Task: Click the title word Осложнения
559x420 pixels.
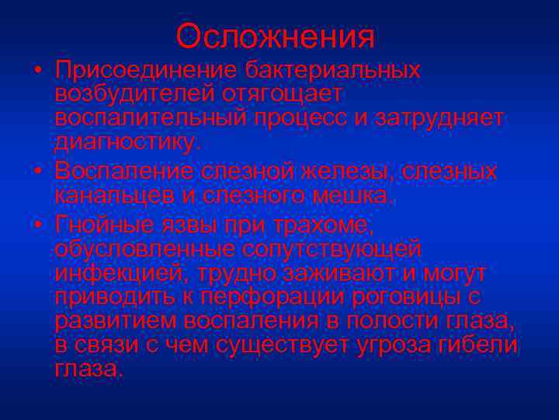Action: coord(276,36)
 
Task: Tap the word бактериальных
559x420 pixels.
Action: coord(333,70)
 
